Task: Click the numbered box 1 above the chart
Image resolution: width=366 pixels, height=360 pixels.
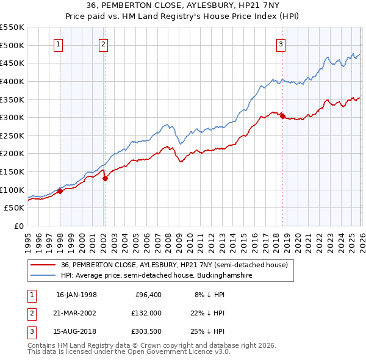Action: click(58, 44)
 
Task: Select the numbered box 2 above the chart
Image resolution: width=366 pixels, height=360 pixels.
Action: click(103, 44)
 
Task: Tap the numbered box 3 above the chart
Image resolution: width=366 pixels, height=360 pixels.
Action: click(281, 44)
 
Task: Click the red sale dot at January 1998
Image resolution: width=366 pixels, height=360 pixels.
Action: click(60, 191)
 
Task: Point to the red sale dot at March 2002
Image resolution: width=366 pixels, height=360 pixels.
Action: click(105, 178)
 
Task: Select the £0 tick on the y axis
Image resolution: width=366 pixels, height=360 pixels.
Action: click(18, 226)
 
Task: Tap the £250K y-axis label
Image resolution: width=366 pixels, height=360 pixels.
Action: click(12, 135)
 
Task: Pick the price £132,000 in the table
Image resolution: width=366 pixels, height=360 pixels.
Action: click(146, 313)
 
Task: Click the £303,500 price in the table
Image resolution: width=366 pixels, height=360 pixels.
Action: click(146, 331)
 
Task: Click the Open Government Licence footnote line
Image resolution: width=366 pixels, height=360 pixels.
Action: click(129, 352)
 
